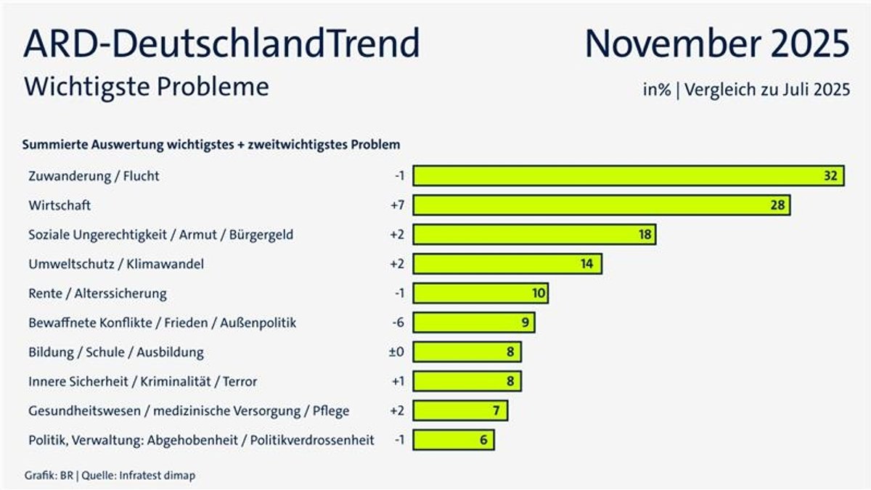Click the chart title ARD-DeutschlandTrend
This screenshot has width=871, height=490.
click(221, 43)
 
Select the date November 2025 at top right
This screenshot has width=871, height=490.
click(717, 43)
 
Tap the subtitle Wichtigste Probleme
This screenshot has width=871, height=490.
click(146, 87)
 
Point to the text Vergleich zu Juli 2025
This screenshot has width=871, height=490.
click(766, 91)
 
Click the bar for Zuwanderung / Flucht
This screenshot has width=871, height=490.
click(629, 175)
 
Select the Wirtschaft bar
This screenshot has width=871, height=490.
click(601, 205)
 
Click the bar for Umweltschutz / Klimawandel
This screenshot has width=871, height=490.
click(507, 264)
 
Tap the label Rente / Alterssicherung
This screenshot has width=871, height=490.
click(97, 294)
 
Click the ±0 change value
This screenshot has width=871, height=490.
click(396, 352)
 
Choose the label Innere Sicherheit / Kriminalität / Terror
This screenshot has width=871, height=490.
click(142, 381)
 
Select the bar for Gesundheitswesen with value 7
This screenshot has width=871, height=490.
click(460, 411)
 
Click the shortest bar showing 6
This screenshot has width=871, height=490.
click(454, 440)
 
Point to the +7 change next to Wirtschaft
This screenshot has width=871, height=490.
click(396, 205)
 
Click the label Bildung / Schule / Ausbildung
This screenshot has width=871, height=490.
click(115, 352)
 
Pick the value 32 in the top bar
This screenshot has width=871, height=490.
click(830, 175)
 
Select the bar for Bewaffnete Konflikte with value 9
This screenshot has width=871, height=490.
click(474, 323)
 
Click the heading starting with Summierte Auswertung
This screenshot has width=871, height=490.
click(211, 145)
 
